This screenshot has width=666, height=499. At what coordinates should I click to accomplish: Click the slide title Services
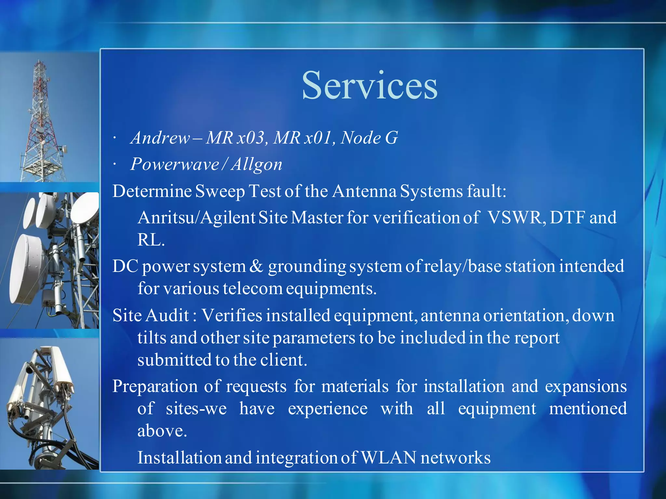point(370,86)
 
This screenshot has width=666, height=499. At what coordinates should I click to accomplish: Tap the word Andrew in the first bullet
point(160,138)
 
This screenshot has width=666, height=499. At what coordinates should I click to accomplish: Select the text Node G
point(369,138)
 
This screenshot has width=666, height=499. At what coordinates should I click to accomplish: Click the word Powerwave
point(175,164)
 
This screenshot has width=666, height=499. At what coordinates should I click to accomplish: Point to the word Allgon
point(257,164)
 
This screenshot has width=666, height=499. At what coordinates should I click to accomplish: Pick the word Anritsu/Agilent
point(196,217)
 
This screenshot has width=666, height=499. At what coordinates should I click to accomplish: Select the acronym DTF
point(568,217)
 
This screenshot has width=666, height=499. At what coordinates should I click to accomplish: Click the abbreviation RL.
point(151,240)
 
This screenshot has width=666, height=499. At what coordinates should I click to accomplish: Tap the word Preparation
point(155,387)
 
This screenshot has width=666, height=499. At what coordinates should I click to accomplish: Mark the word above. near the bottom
point(162,431)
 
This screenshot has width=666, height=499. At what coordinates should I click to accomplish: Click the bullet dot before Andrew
point(114,139)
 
